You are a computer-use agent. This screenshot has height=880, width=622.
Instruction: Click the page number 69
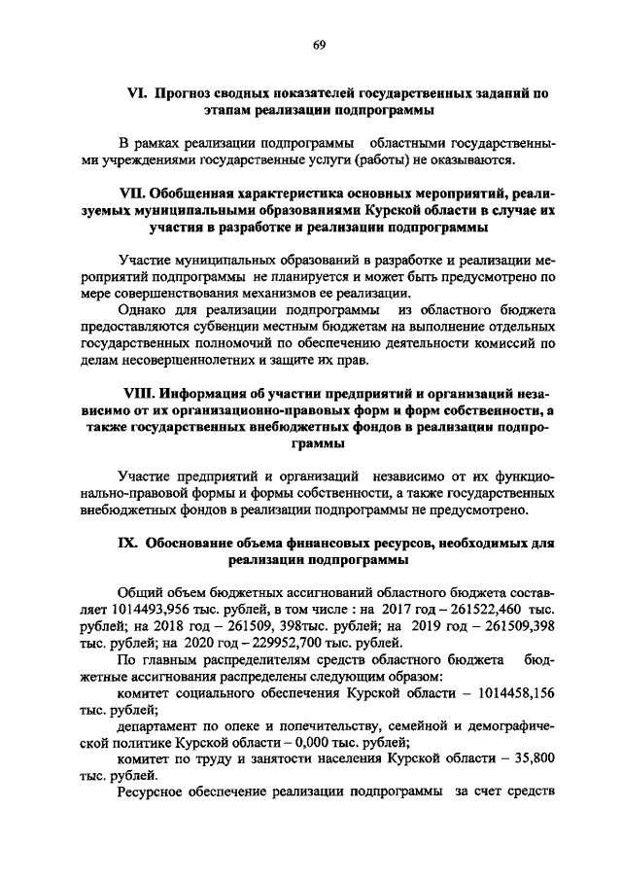[319, 44]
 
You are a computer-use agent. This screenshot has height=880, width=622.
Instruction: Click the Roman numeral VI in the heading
[137, 94]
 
